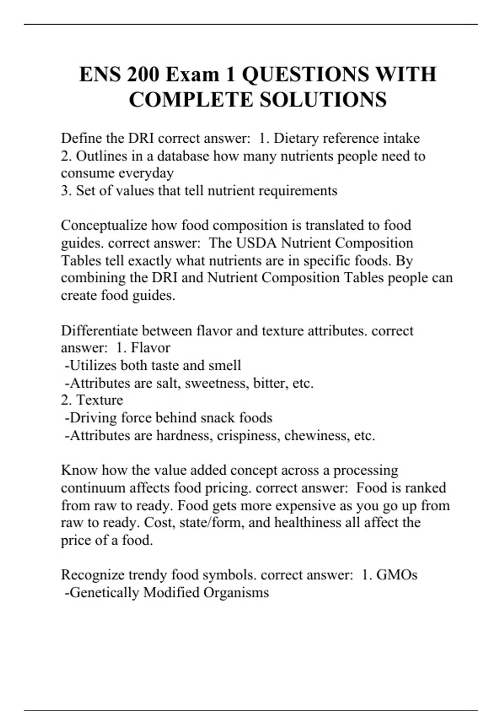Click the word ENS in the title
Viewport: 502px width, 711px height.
point(100,74)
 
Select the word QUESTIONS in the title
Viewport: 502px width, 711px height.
point(305,74)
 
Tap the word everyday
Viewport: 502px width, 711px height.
point(146,173)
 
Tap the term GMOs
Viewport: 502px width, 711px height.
point(397,575)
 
